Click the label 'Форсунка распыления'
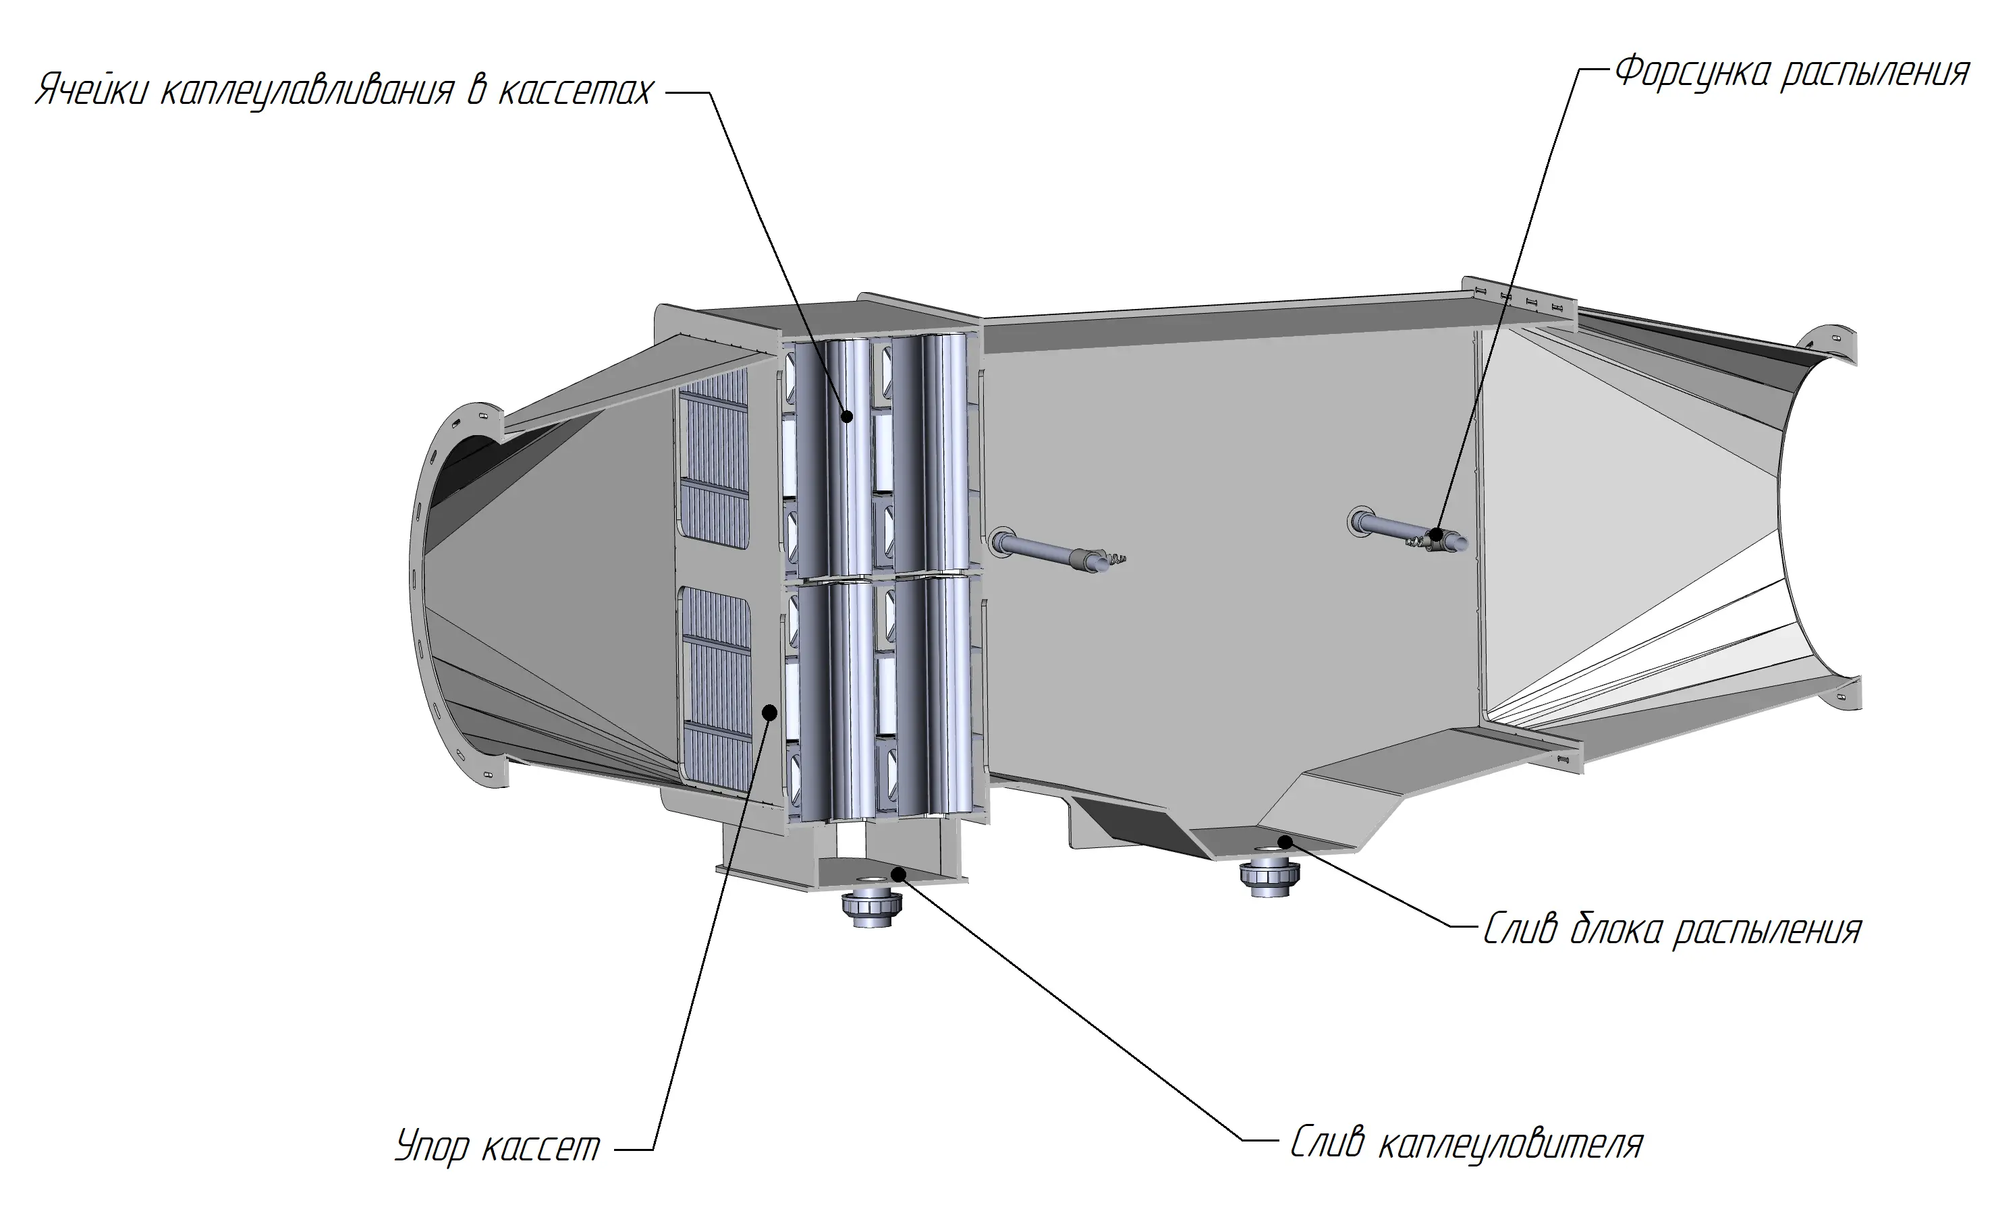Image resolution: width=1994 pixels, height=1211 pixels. [x=1792, y=73]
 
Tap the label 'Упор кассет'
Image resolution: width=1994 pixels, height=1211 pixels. [x=498, y=1146]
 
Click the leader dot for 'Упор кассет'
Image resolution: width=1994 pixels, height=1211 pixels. [x=771, y=712]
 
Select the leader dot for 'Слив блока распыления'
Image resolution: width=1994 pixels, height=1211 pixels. [x=1284, y=842]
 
